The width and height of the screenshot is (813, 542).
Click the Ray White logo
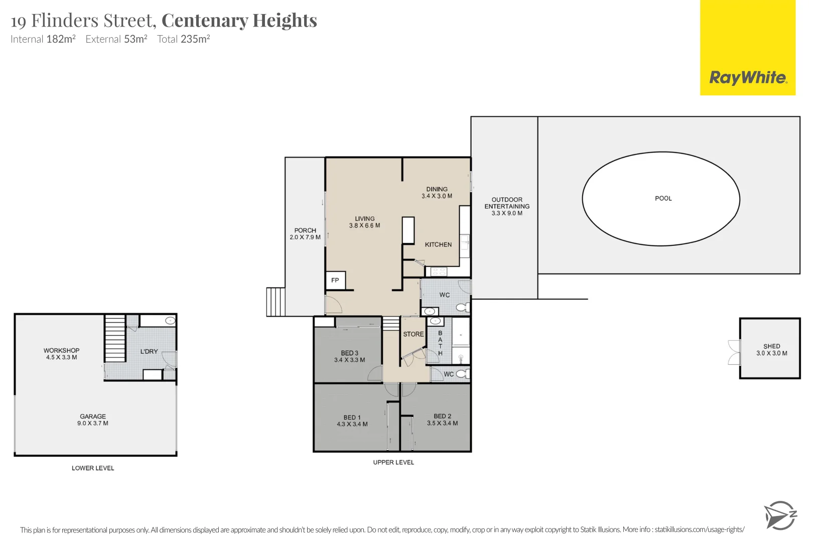click(x=748, y=78)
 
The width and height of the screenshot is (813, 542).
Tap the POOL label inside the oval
click(x=663, y=199)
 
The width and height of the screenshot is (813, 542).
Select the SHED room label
click(x=771, y=346)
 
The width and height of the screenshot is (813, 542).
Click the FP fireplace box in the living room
click(x=335, y=280)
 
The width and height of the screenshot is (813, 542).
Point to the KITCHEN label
click(x=438, y=244)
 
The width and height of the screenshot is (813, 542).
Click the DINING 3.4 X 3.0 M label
click(x=437, y=193)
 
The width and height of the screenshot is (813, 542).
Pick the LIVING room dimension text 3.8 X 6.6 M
click(x=364, y=226)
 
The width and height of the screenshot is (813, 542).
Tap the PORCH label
click(x=305, y=230)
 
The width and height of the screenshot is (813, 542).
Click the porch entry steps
click(x=276, y=302)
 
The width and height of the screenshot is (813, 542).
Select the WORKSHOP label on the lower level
click(x=61, y=350)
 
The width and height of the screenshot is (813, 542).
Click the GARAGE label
click(x=93, y=417)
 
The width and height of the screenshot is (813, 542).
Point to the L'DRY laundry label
click(x=149, y=351)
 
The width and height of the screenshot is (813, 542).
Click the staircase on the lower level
click(x=115, y=338)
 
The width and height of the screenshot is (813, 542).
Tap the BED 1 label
click(x=352, y=418)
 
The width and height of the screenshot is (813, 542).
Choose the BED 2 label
click(x=442, y=416)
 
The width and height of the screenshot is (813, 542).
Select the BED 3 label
click(x=349, y=353)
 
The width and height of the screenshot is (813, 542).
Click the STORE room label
click(x=414, y=334)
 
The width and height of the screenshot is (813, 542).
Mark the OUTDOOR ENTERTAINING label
click(x=507, y=203)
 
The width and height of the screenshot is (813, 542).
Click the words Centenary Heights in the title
click(x=239, y=21)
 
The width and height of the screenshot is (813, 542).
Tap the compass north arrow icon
click(x=780, y=515)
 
